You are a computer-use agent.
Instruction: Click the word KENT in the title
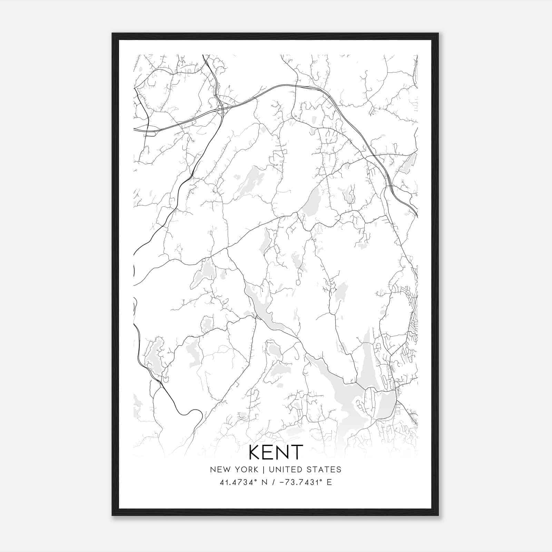coord(276,452)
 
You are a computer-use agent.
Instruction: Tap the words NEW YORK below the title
coord(234,470)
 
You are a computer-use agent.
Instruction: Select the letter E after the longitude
coord(329,482)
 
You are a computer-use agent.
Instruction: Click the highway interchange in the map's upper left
coord(222,110)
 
